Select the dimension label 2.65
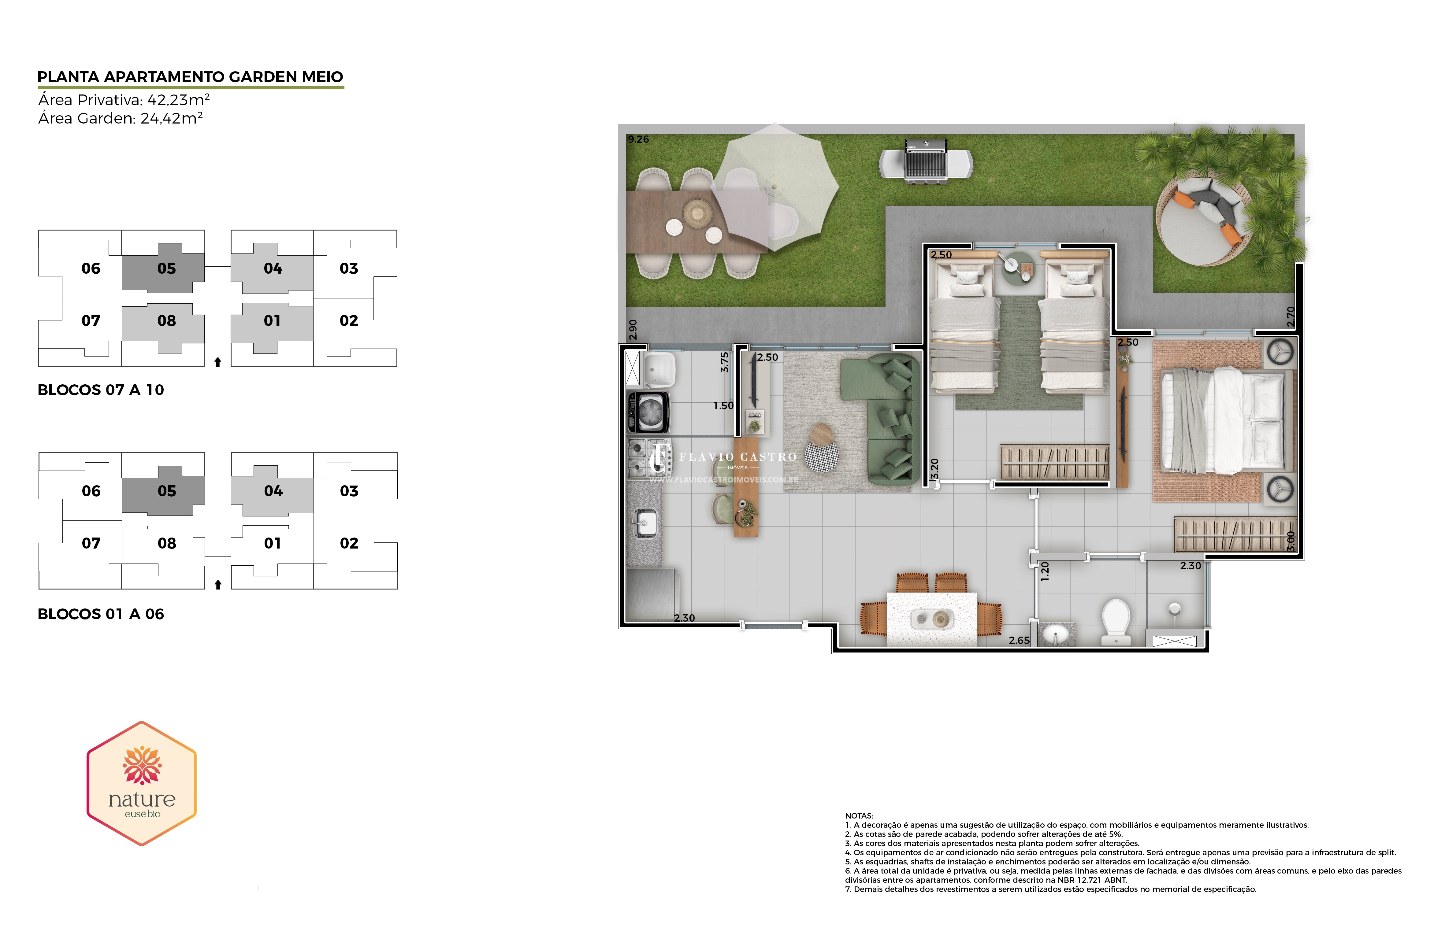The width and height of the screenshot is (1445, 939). [1020, 640]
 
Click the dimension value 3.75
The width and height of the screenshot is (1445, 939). [724, 362]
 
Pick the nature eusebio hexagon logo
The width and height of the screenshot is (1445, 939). [141, 783]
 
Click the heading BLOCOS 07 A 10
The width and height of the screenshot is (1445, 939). [101, 390]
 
